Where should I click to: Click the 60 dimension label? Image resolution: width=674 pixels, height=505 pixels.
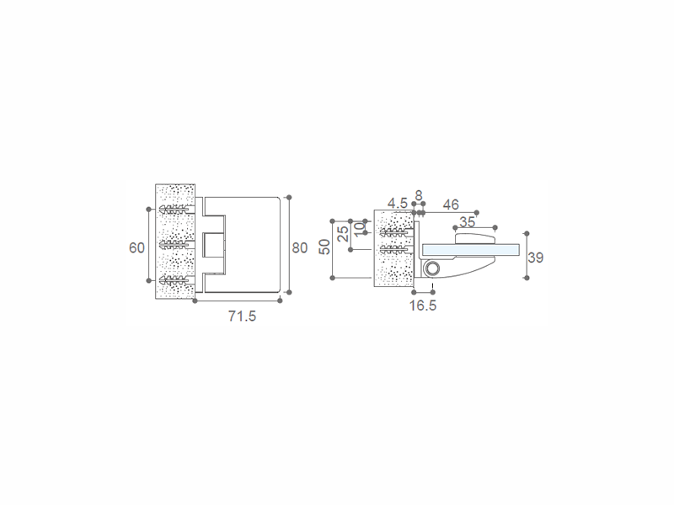tap(136, 247)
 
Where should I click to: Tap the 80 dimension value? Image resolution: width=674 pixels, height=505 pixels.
tap(300, 247)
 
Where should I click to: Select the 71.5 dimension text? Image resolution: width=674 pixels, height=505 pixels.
tap(242, 316)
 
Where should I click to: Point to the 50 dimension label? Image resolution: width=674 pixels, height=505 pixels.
tap(324, 247)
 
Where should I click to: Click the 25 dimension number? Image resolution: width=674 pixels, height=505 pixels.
tap(343, 234)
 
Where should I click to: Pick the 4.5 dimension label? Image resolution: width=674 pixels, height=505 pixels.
tap(397, 203)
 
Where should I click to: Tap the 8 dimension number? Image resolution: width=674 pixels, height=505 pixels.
tap(419, 195)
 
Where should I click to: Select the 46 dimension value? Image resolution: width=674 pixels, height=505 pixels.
tap(451, 205)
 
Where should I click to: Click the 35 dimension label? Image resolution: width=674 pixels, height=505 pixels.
tap(467, 221)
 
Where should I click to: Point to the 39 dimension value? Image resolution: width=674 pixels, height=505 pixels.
tap(536, 258)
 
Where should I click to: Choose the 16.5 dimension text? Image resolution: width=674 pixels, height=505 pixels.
tap(423, 306)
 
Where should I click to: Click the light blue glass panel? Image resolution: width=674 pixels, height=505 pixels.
tap(471, 249)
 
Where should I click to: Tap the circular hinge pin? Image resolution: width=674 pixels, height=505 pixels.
tap(431, 269)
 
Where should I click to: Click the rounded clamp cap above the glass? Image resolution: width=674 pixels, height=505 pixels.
tap(475, 238)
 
